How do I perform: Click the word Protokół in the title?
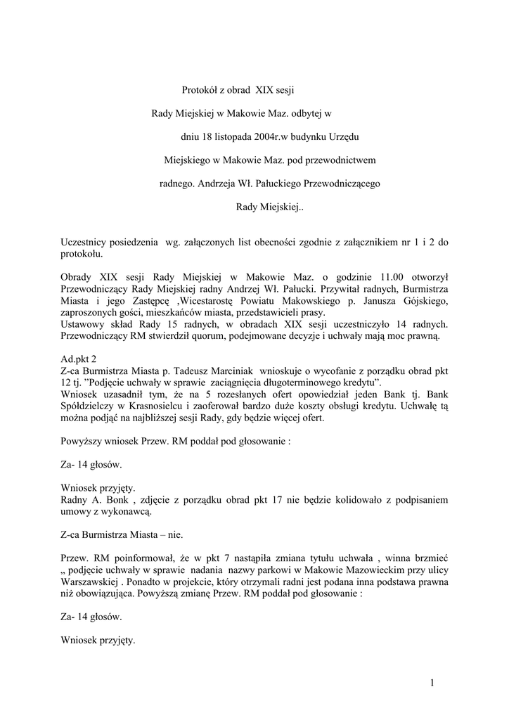click(200, 89)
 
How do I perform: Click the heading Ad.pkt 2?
click(79, 359)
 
